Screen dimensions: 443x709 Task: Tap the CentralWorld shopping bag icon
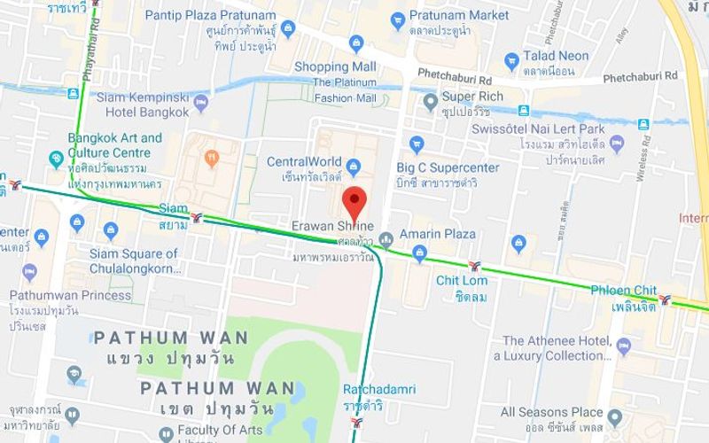click(354, 165)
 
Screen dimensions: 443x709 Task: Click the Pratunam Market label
click(459, 15)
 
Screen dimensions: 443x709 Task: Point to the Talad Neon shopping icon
click(510, 61)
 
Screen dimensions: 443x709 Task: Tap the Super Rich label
click(472, 97)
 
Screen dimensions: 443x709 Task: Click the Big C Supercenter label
click(448, 167)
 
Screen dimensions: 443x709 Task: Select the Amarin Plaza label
click(438, 234)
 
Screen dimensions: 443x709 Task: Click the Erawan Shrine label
click(333, 225)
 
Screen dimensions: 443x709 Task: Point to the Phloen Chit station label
click(625, 291)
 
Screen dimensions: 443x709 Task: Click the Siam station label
click(173, 209)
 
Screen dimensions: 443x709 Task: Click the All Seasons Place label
click(551, 412)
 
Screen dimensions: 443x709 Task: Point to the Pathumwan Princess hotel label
click(71, 295)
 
